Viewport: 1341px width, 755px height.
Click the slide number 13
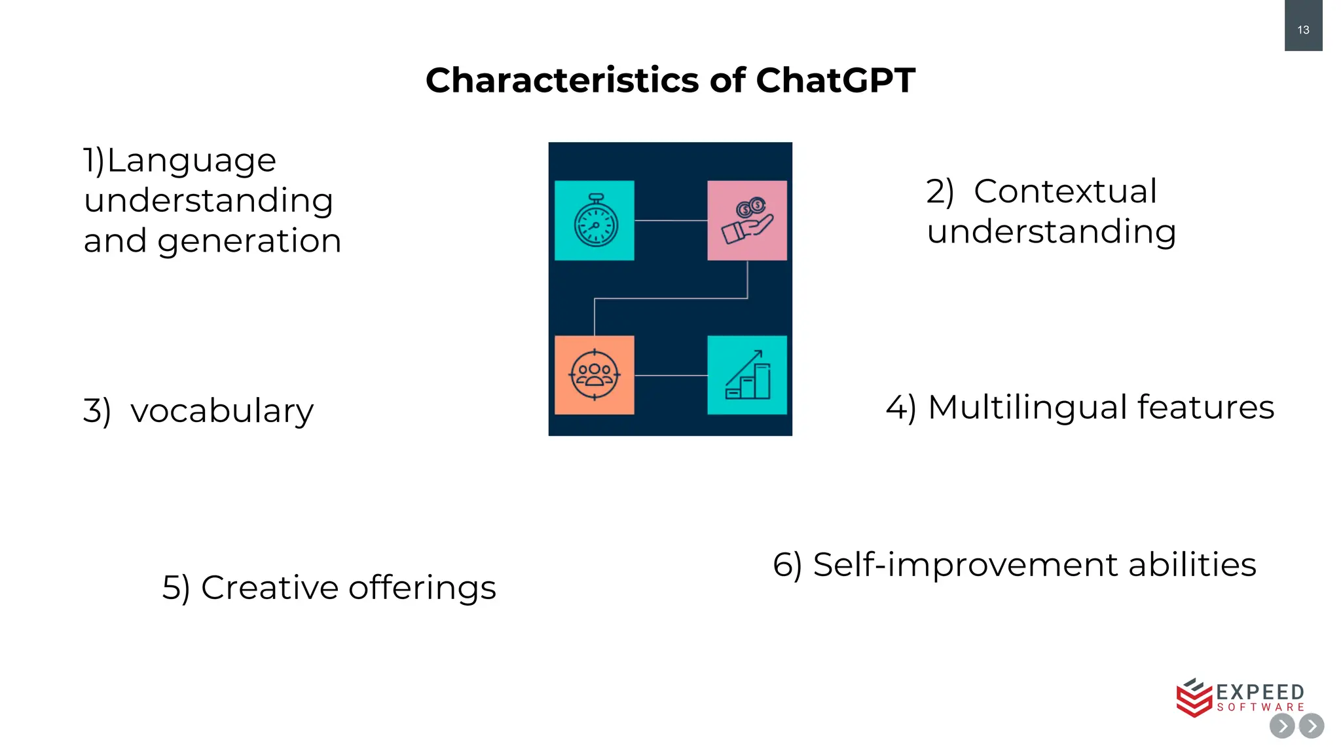(1303, 30)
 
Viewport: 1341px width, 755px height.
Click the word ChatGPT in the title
(835, 81)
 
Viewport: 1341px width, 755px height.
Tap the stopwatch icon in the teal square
(595, 221)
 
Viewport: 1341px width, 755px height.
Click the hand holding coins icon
(747, 221)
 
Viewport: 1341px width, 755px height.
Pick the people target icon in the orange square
(594, 375)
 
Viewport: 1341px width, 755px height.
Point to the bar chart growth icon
(747, 376)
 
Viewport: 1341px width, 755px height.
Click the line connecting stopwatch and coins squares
(670, 221)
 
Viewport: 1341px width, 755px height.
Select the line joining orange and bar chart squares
(670, 376)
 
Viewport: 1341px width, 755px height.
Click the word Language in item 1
(191, 161)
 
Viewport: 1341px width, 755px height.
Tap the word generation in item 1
(249, 241)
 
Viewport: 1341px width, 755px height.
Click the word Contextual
(1065, 191)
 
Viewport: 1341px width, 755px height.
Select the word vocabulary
(222, 411)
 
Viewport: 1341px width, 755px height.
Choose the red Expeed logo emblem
(1194, 698)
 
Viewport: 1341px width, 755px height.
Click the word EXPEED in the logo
(1260, 692)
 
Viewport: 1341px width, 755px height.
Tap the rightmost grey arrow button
(1312, 726)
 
